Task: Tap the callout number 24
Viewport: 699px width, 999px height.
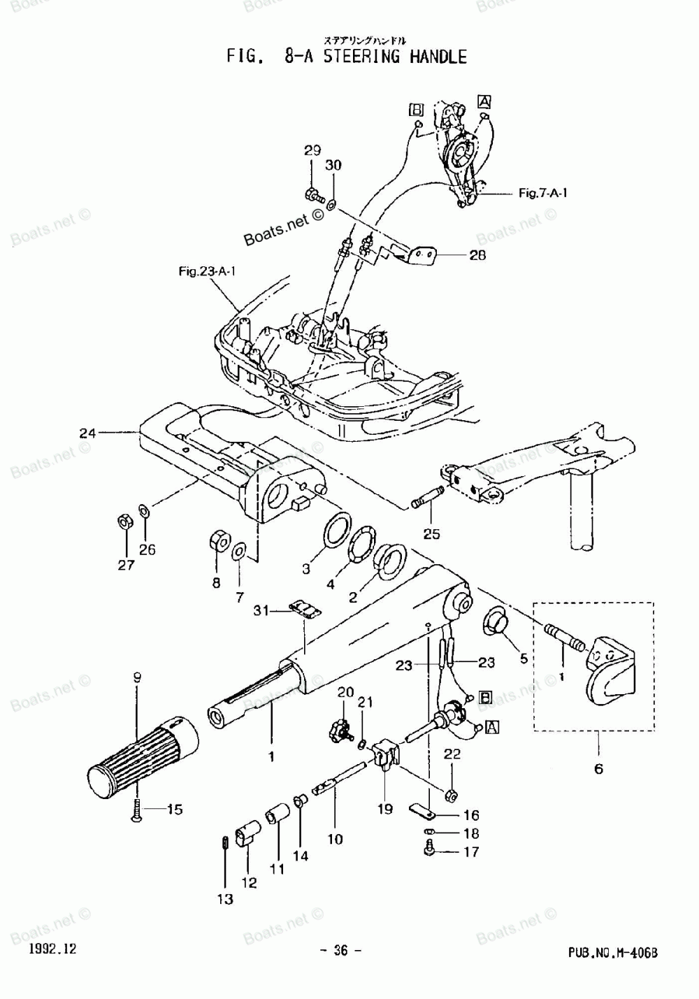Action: [x=87, y=433]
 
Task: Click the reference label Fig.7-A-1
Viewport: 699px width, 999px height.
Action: [x=542, y=192]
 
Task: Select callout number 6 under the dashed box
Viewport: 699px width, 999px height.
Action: [x=598, y=769]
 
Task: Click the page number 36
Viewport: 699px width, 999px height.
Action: [x=340, y=950]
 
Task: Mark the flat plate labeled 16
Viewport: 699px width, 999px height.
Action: [x=422, y=811]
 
